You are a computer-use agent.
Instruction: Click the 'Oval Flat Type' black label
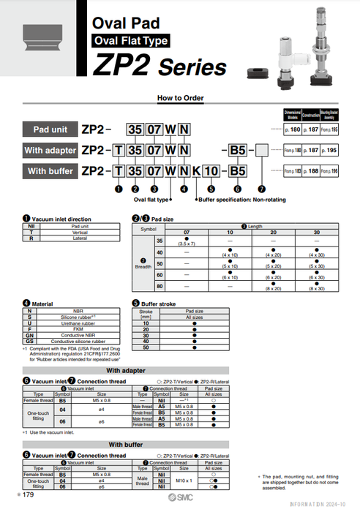(x=130, y=41)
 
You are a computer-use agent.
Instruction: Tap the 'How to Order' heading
(x=179, y=98)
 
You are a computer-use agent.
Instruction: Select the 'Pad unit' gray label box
(x=50, y=129)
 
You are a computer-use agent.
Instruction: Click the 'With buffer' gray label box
(x=50, y=171)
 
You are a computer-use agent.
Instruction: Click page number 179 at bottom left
(x=27, y=495)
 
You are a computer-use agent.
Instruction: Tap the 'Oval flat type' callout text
(x=150, y=199)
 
